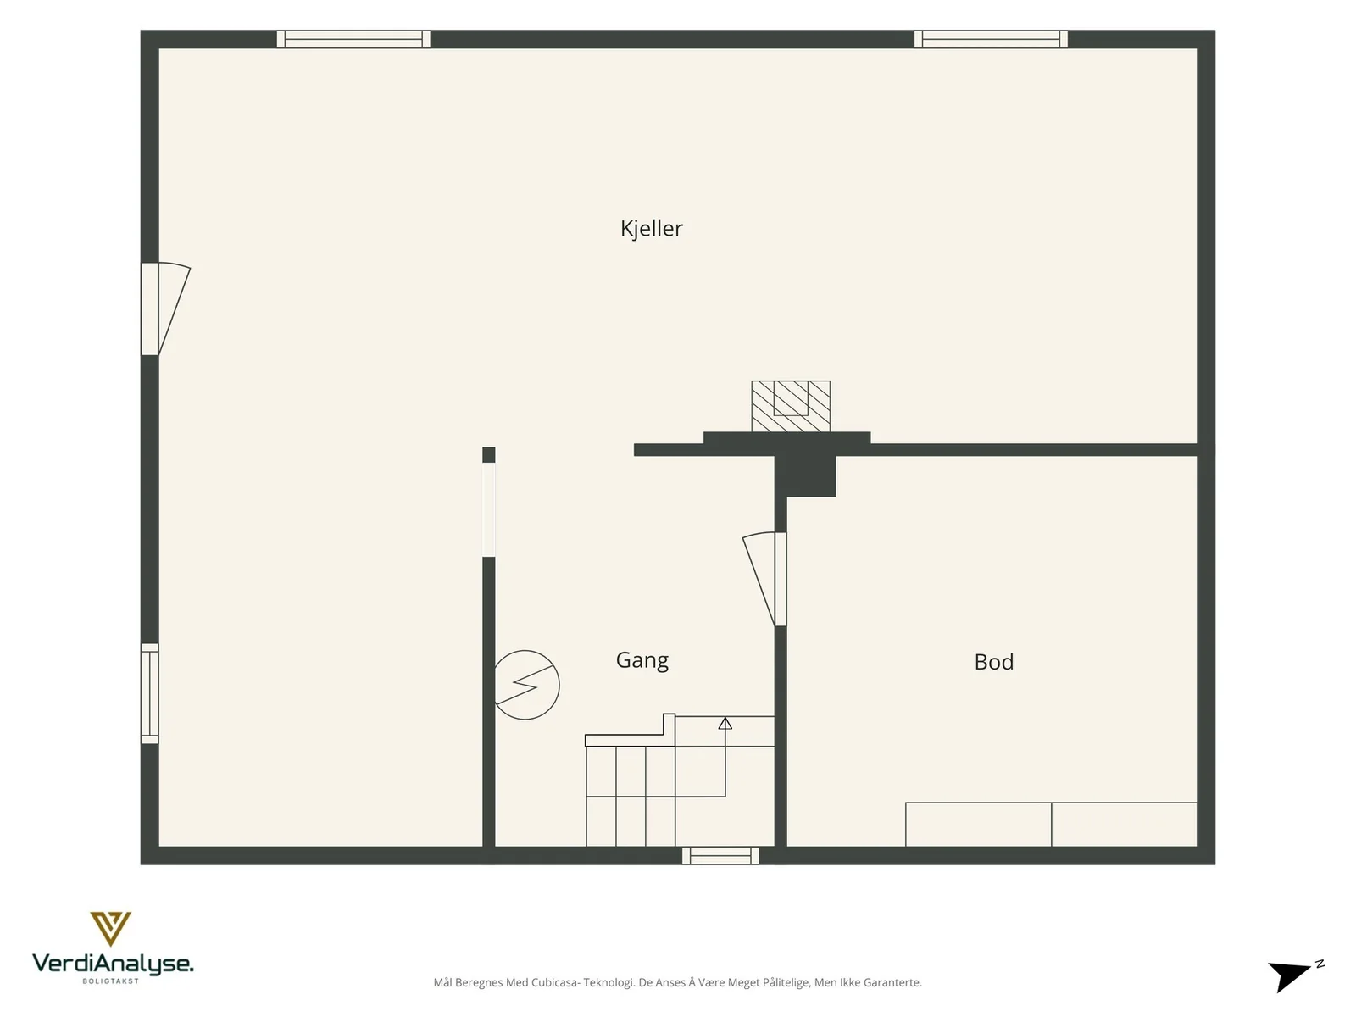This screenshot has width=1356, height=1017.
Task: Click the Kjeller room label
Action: (651, 229)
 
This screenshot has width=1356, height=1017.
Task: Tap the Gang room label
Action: (642, 660)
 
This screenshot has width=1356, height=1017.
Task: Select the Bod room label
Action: (993, 662)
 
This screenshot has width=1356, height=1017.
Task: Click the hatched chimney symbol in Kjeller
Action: (791, 406)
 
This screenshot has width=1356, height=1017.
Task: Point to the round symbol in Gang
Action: (526, 685)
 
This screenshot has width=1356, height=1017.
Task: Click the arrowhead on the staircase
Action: (725, 723)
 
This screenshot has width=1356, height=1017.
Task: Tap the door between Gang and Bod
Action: (764, 579)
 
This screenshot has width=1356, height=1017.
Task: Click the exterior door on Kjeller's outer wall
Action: (165, 308)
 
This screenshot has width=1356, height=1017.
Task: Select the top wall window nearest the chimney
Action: (991, 39)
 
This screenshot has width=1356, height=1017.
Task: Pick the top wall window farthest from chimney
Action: (353, 39)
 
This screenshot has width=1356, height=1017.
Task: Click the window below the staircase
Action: (720, 856)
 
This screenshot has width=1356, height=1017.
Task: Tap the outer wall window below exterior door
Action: (150, 693)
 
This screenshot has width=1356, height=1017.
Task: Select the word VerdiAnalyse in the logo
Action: (113, 964)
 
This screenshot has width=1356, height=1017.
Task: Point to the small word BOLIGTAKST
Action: (110, 981)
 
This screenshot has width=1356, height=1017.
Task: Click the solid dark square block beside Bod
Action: (805, 476)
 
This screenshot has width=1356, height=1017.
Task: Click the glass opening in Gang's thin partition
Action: (489, 509)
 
